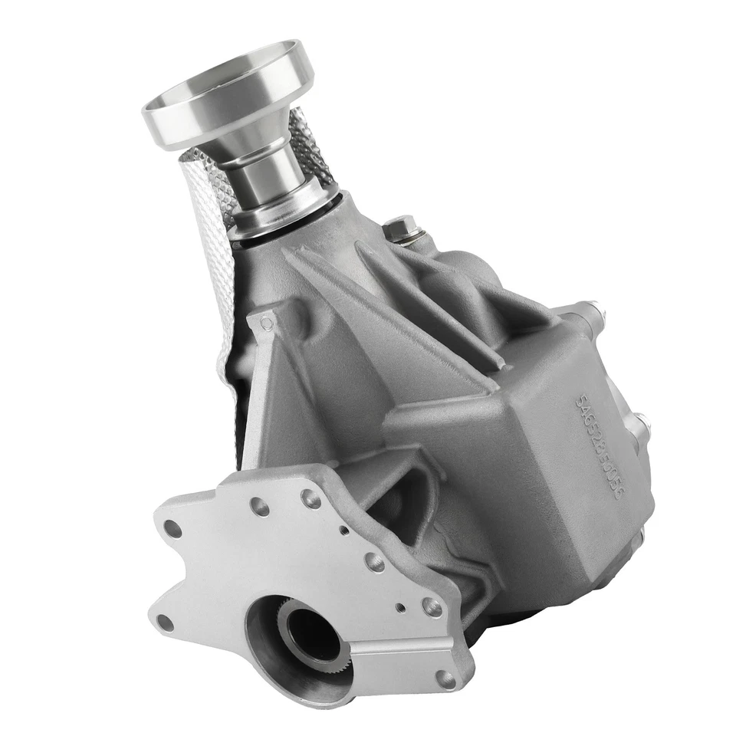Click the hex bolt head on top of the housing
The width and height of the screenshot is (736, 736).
pos(400,228)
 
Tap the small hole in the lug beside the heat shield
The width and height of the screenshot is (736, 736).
pos(266,324)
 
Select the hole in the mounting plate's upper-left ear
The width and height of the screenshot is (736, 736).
pos(173,529)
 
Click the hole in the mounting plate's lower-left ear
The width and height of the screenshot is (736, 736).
pos(165,623)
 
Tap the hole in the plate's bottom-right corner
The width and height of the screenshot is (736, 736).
pos(445,678)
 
